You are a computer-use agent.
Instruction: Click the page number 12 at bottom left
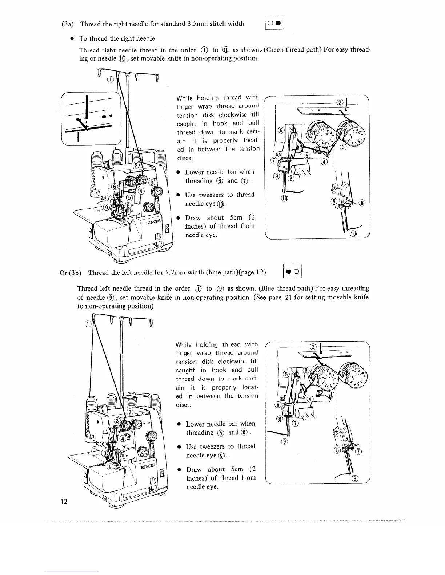[64, 502]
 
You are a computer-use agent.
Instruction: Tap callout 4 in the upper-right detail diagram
[324, 162]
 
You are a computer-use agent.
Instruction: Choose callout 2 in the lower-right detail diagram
[312, 347]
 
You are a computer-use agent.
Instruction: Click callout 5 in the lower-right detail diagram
[286, 374]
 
